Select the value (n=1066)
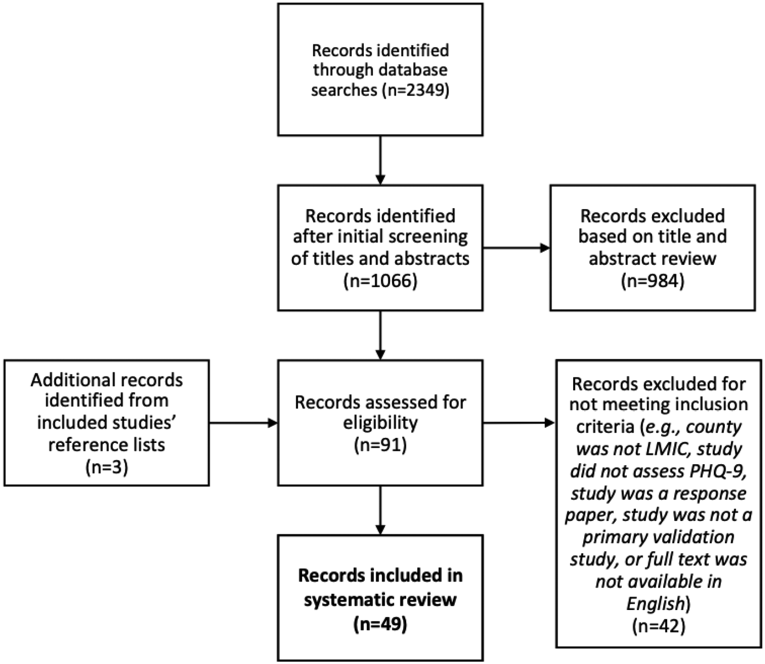[380, 281]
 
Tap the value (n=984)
[652, 281]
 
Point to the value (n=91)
[380, 445]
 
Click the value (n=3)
[107, 467]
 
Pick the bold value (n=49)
[380, 624]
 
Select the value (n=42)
[658, 626]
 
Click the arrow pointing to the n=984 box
[516, 248]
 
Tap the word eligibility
[380, 423]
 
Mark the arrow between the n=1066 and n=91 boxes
[380, 335]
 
